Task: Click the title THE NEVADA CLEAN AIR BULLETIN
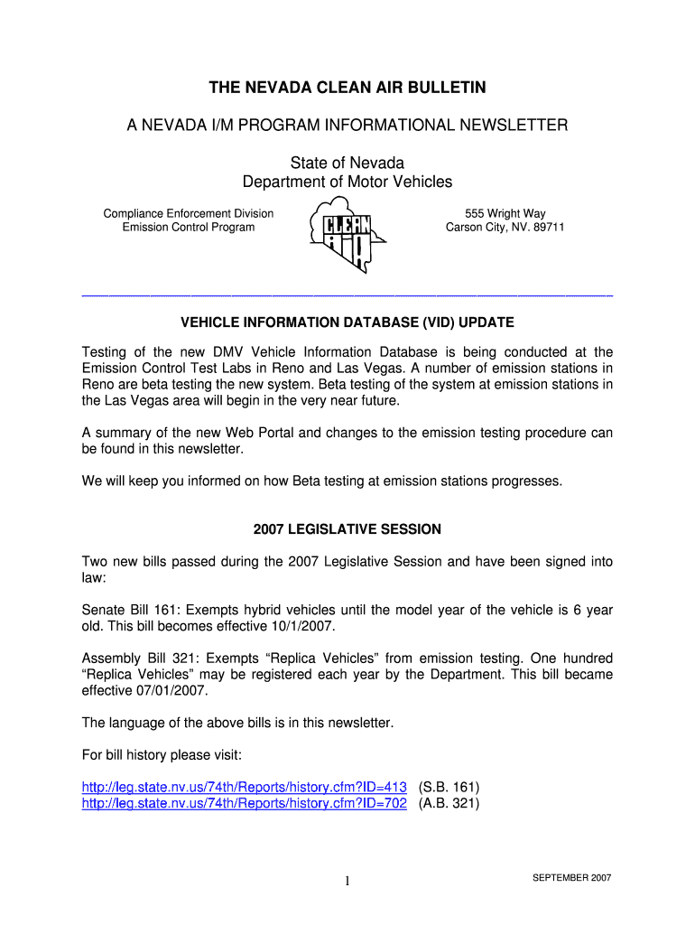[x=347, y=88]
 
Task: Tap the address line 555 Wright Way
[x=505, y=214]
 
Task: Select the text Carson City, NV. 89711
[x=505, y=228]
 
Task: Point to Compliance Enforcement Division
[x=189, y=214]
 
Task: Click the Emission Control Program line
[x=189, y=228]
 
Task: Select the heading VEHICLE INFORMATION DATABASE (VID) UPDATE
[x=347, y=322]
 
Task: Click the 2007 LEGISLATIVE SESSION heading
[x=347, y=529]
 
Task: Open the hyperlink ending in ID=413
[x=245, y=787]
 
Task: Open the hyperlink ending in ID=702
[x=245, y=803]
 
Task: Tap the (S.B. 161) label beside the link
[x=449, y=787]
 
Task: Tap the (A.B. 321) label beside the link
[x=449, y=803]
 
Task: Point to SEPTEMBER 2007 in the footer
[x=572, y=878]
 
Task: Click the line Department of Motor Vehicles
[x=347, y=182]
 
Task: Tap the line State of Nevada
[x=347, y=164]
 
